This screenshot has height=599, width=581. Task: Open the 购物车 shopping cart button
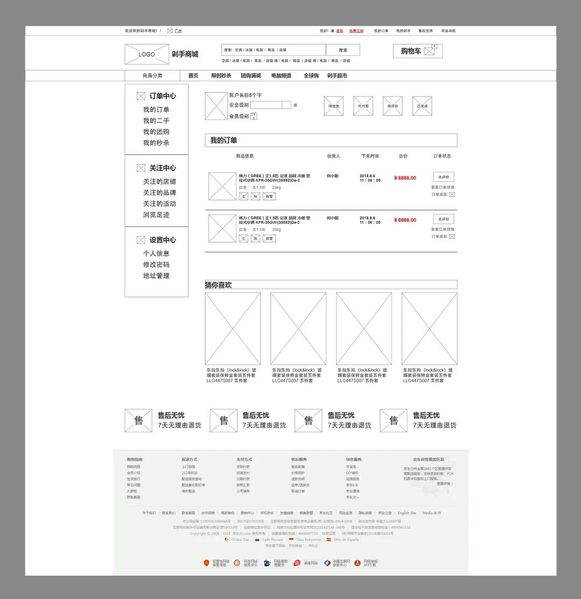(x=417, y=51)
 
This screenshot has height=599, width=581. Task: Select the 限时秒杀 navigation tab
(x=221, y=76)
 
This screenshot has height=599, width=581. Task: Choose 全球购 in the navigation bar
(x=311, y=76)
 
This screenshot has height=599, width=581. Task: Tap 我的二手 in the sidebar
(x=156, y=121)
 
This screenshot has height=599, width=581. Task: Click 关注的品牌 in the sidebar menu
(x=159, y=193)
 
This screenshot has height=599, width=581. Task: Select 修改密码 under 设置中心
(x=156, y=264)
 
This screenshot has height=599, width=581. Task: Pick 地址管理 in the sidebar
(x=156, y=276)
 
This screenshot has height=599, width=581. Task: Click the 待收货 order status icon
(x=334, y=106)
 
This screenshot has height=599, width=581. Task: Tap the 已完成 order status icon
(x=422, y=106)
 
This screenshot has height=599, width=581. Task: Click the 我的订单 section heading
(x=224, y=140)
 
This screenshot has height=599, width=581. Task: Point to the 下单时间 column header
(x=370, y=156)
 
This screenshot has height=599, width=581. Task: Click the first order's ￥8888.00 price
(x=405, y=178)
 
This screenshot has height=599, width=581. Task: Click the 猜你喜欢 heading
(x=218, y=285)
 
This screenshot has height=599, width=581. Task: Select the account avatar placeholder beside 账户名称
(x=216, y=106)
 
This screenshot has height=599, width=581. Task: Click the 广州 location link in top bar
(x=178, y=31)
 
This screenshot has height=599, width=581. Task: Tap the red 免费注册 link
(x=356, y=31)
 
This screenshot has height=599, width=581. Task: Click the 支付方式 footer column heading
(x=244, y=460)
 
